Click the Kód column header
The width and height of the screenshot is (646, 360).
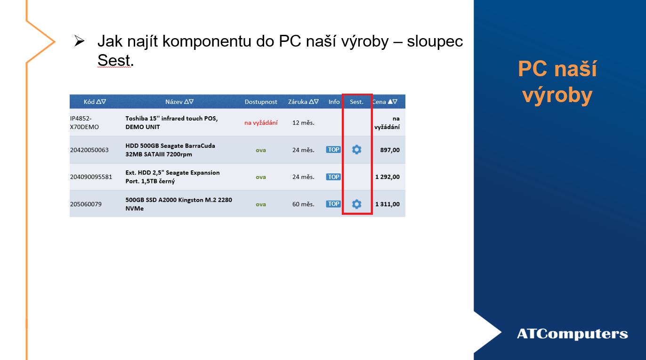[x=95, y=102]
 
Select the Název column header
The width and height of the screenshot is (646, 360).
[x=179, y=102]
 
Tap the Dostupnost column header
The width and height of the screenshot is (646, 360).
[x=261, y=102]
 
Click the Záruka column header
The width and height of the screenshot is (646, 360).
[x=303, y=102]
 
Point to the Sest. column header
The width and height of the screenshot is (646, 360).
[x=356, y=102]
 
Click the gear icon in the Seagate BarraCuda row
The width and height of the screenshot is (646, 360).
[x=356, y=150]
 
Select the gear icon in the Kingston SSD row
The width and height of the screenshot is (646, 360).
[x=356, y=204]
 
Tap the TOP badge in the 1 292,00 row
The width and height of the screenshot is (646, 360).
[x=333, y=176]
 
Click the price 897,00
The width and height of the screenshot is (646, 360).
[x=389, y=150]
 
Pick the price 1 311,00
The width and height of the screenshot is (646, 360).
[x=388, y=204]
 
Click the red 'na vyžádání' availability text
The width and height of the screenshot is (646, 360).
[x=261, y=123]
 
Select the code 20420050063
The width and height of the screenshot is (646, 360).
[x=89, y=150]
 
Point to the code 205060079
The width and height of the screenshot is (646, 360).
[x=86, y=204]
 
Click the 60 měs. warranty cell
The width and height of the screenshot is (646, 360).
[x=303, y=204]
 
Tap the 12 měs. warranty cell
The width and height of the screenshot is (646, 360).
[x=303, y=122]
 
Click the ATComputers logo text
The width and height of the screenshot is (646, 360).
[x=572, y=334]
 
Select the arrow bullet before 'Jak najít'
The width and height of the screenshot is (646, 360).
[x=79, y=41]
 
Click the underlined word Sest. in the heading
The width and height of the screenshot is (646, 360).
[x=115, y=60]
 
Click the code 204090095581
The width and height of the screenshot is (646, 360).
[x=91, y=176]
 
